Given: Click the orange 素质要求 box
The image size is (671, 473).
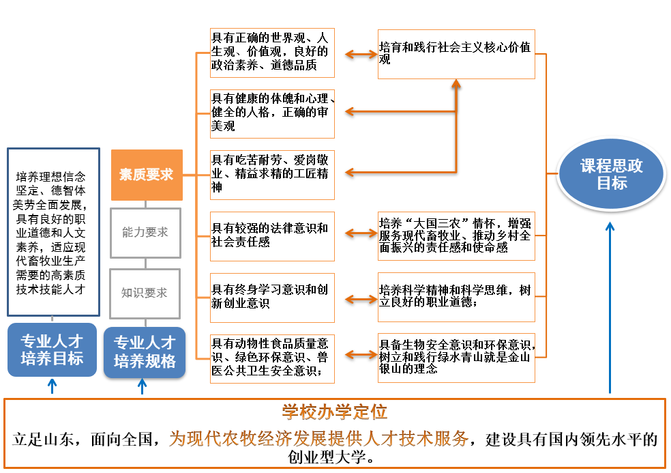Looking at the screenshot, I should (x=147, y=175).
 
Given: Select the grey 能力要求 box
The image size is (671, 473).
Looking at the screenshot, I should (x=145, y=233).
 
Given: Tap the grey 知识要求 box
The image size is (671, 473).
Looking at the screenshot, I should (x=145, y=293).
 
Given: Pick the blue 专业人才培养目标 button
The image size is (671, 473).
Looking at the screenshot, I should (x=52, y=349).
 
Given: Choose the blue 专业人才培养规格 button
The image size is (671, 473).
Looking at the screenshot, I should (x=145, y=352).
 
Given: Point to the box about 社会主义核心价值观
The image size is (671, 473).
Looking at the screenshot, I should (x=456, y=54).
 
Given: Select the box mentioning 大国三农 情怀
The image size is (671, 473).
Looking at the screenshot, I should (x=456, y=236).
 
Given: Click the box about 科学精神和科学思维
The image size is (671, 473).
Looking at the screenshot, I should (x=456, y=297).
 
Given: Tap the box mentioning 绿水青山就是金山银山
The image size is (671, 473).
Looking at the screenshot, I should (x=456, y=357).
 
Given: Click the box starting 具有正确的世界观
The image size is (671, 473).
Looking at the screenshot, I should (x=272, y=54).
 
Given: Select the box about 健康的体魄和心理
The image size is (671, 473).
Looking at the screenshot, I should (x=272, y=113).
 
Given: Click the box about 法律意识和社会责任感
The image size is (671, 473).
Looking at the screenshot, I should (x=272, y=236).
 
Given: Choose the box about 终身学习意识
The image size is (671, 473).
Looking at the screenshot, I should (x=272, y=297).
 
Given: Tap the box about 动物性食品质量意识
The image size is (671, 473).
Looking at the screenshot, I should (x=272, y=357).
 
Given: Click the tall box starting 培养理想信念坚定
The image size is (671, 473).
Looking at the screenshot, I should (x=53, y=232).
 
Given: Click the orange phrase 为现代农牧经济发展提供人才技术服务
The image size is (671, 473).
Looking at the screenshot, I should (x=319, y=438).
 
